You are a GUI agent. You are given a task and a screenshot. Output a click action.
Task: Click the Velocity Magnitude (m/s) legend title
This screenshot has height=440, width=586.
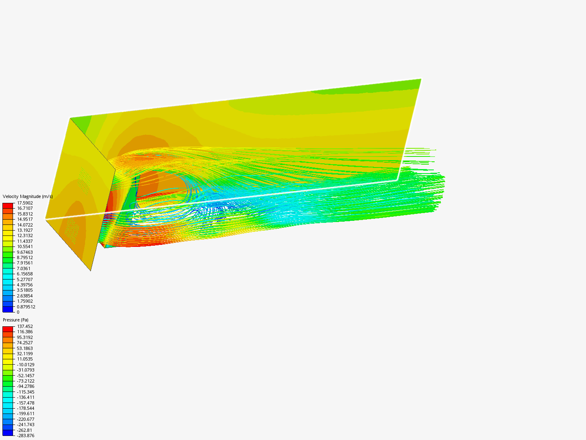click(x=28, y=196)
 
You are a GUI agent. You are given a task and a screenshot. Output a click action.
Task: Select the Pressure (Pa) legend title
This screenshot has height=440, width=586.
click(x=15, y=320)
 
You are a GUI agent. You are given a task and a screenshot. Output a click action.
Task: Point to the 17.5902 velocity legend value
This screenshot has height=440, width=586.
click(x=25, y=203)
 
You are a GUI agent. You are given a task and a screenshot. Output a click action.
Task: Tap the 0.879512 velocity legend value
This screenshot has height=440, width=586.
click(x=26, y=307)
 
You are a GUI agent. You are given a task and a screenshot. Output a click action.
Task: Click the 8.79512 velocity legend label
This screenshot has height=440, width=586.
click(x=25, y=257)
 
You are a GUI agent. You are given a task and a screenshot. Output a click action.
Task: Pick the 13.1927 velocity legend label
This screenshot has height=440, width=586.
click(x=25, y=230)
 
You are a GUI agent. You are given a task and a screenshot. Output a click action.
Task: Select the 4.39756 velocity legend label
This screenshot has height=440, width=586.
click(x=25, y=285)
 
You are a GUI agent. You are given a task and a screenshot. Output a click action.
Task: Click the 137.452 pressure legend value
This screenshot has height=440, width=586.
click(x=25, y=326)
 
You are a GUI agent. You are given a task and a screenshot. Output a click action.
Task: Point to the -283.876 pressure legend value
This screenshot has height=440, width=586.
click(x=26, y=436)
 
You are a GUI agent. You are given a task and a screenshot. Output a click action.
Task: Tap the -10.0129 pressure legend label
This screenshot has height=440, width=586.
click(x=26, y=365)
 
